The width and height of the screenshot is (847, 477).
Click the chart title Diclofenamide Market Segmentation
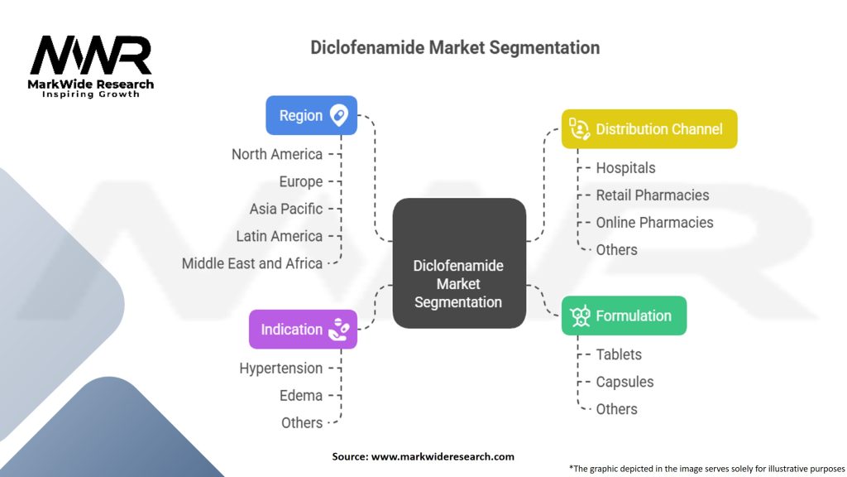(455, 47)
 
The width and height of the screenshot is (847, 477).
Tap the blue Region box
(311, 115)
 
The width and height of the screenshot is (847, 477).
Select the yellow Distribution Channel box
(648, 128)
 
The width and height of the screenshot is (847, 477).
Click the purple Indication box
(303, 329)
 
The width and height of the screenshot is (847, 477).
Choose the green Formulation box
(624, 316)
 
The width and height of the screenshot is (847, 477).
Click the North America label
(277, 154)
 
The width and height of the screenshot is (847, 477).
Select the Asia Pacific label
(286, 209)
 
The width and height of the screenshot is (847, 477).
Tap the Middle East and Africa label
(252, 263)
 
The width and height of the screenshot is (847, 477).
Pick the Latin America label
(279, 236)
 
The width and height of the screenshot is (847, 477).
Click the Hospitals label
(625, 167)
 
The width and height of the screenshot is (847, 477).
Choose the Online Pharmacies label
(654, 222)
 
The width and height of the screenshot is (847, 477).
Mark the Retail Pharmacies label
(652, 195)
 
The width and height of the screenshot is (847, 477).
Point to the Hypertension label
(281, 368)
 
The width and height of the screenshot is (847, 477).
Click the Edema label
(301, 395)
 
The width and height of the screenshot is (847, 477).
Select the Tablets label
(619, 354)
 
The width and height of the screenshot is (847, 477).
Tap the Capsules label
(624, 382)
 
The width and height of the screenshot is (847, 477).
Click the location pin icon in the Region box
(338, 115)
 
